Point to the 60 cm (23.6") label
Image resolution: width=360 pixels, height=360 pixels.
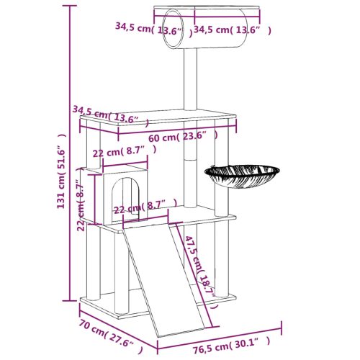coord(183,135)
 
